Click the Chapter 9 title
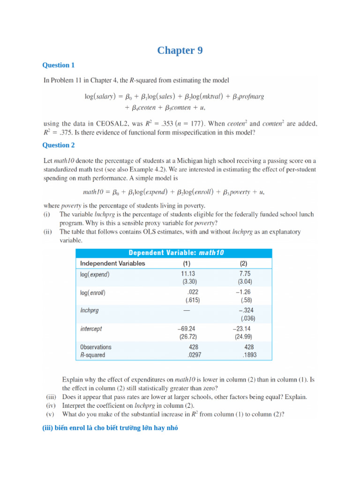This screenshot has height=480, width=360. pos(180,51)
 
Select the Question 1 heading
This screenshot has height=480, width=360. pos(59,65)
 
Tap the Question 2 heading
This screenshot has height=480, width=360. pos(59,145)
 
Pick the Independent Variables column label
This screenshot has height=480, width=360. pos(112,263)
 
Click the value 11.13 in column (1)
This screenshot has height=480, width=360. pos(189,274)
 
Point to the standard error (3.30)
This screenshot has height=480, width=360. pos(189,282)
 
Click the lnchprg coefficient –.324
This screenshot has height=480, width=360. pos(247,310)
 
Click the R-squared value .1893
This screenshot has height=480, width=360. pos(249,355)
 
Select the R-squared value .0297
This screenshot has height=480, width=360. pos(194,355)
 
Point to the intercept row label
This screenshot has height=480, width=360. pos(91,329)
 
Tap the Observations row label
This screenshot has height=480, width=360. pos(96,347)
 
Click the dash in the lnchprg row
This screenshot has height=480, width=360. pos(187,310)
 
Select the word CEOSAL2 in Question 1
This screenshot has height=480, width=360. pos(114,124)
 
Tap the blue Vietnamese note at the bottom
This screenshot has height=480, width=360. pos(110,428)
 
